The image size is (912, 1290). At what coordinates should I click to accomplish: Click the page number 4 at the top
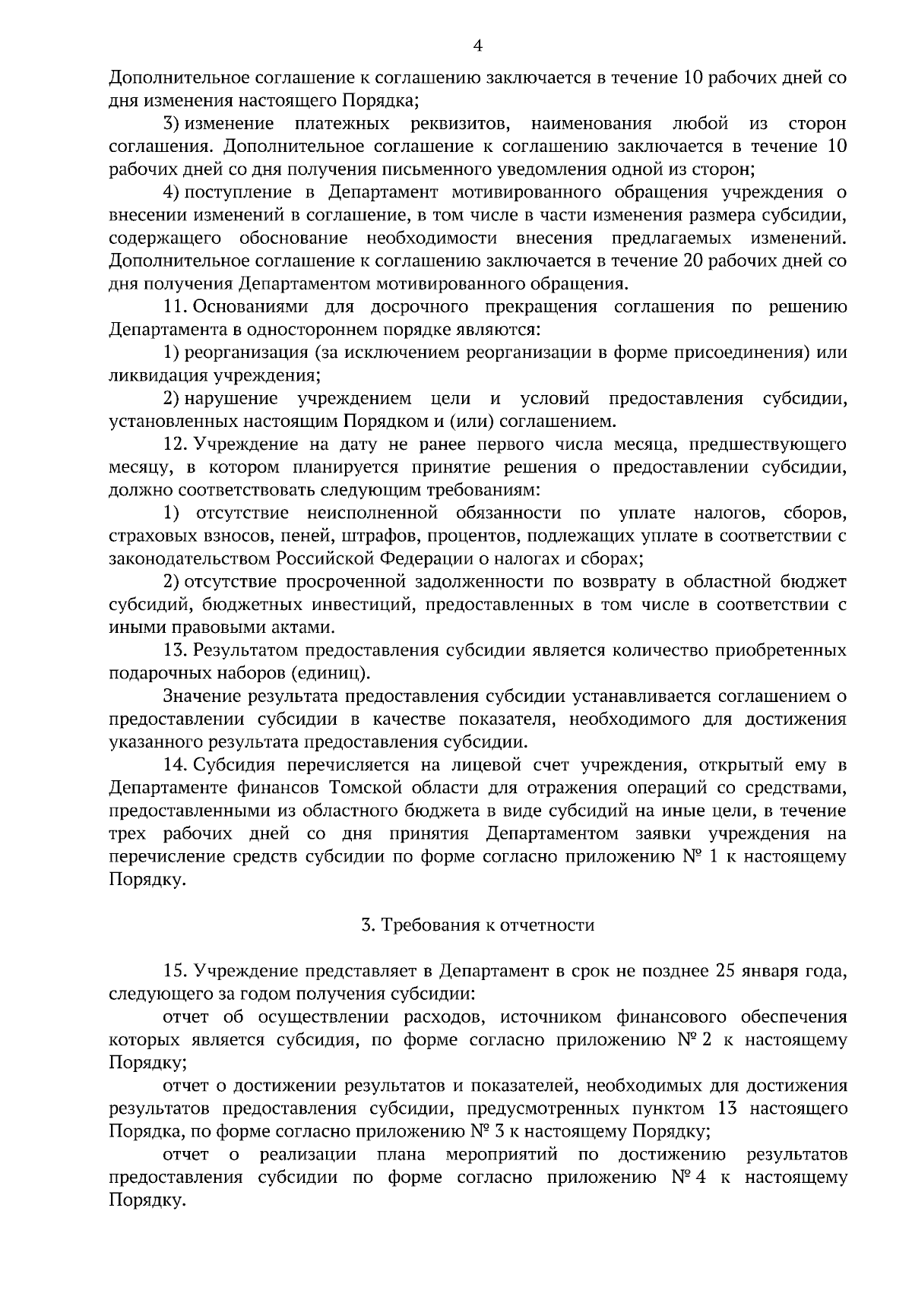(x=477, y=46)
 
